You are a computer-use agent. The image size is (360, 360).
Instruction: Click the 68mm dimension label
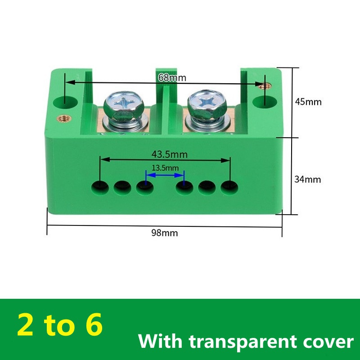click(x=172, y=77)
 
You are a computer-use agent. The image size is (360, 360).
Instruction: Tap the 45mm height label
click(x=308, y=102)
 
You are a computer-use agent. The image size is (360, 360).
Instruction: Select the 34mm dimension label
click(x=307, y=179)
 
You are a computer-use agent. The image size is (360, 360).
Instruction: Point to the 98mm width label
click(x=165, y=233)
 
